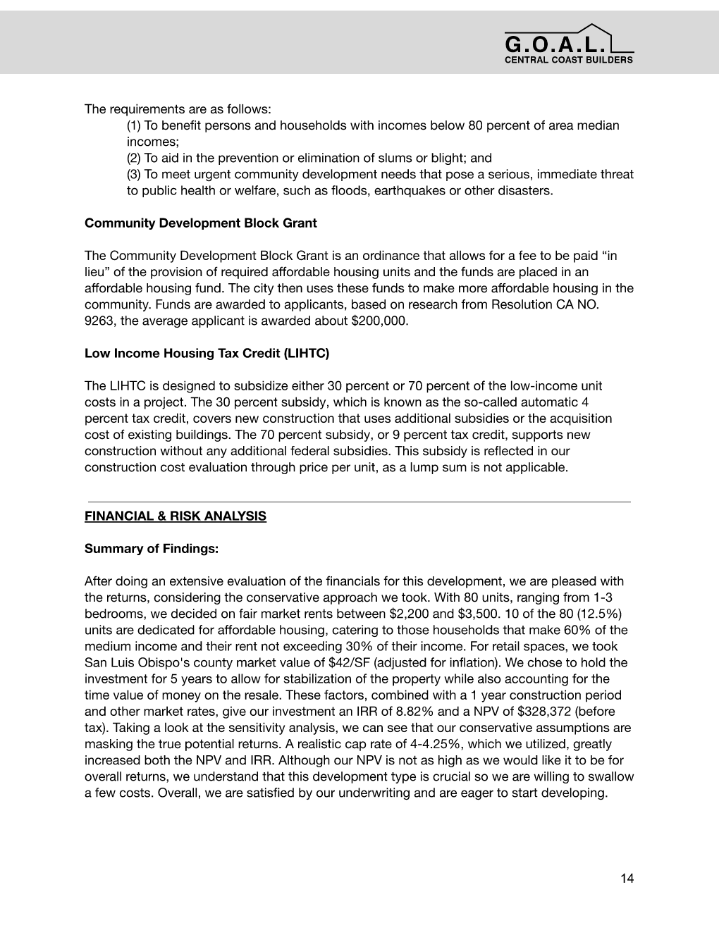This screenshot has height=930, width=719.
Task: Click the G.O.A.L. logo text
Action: click(x=555, y=44)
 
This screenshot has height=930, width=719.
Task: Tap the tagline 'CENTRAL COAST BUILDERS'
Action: click(x=568, y=60)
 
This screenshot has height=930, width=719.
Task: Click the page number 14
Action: click(x=627, y=878)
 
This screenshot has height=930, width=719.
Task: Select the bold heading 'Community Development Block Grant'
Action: click(x=200, y=223)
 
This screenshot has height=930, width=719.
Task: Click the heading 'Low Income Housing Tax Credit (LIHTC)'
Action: click(x=207, y=354)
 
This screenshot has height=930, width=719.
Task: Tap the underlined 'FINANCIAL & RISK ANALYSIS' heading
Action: click(x=175, y=516)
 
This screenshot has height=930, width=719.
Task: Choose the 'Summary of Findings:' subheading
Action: click(x=151, y=549)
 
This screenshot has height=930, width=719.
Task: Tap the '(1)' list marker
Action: click(x=134, y=126)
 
